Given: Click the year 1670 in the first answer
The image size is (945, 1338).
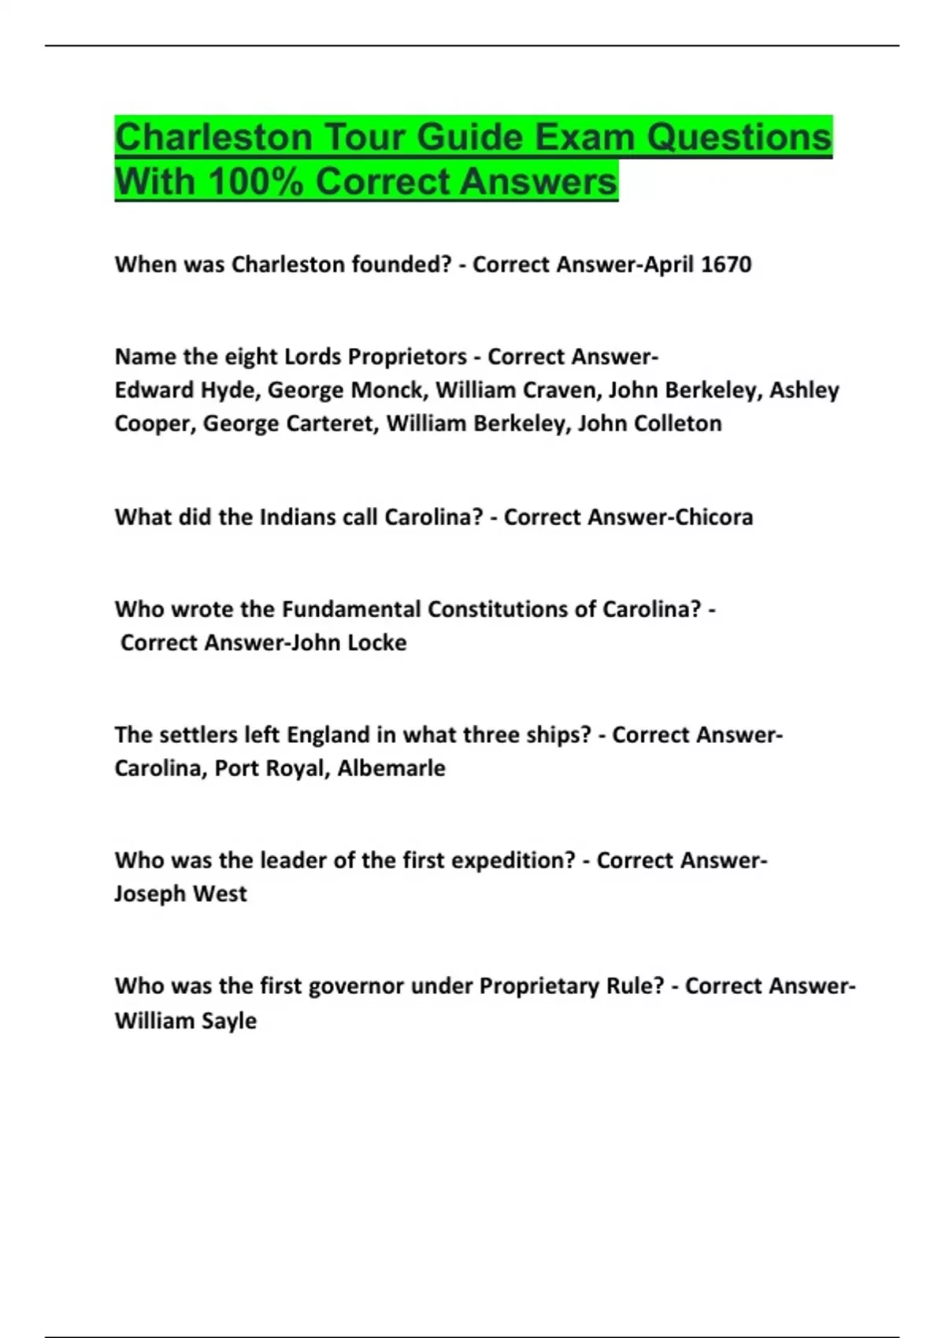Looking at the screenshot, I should pyautogui.click(x=725, y=264).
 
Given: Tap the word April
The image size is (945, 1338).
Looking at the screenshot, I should pyautogui.click(x=669, y=264).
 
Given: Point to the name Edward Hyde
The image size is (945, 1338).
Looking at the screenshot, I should pyautogui.click(x=185, y=390).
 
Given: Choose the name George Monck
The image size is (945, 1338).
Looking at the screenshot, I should pyautogui.click(x=346, y=390).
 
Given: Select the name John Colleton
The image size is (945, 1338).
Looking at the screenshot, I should pyautogui.click(x=650, y=423).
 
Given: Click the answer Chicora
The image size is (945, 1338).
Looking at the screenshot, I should pyautogui.click(x=713, y=517).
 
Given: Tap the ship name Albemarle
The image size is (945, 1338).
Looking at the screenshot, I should pyautogui.click(x=391, y=768).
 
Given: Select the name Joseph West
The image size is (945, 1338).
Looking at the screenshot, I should pyautogui.click(x=180, y=894).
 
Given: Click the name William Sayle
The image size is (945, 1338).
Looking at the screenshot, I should pyautogui.click(x=185, y=1021).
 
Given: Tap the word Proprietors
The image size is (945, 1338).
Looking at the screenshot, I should pyautogui.click(x=407, y=357).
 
